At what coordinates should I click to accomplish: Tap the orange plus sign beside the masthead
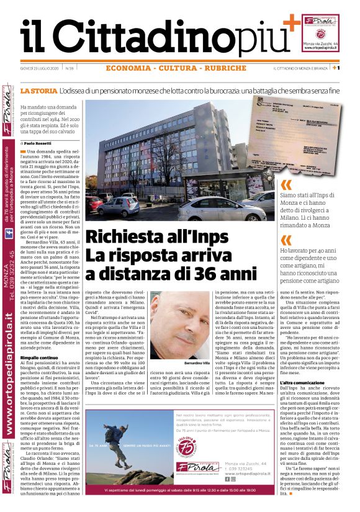[x=290, y=24]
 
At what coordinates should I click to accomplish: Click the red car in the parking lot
[x=94, y=204]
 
